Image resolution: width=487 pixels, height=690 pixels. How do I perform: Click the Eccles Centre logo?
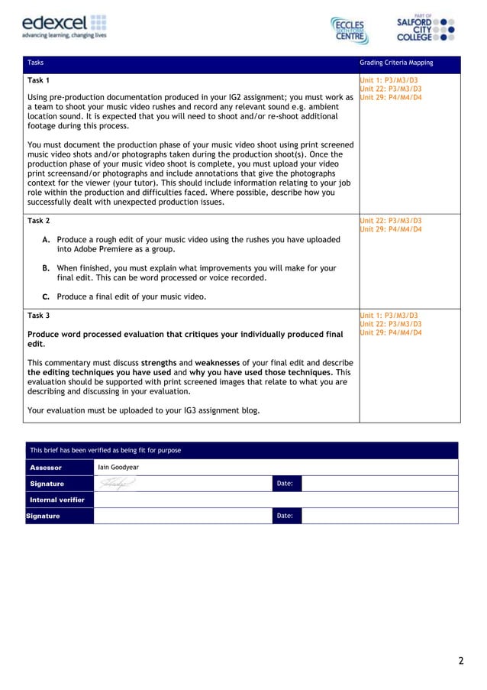pos(350,30)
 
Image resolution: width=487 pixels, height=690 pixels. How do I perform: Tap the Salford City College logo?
pos(425,28)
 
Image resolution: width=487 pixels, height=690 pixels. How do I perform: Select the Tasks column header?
pos(35,63)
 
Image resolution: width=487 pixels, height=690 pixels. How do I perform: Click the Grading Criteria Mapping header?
pos(395,63)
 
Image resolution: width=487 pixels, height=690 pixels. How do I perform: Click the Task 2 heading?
pos(39,221)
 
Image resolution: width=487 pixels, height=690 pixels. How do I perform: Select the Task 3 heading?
pos(39,315)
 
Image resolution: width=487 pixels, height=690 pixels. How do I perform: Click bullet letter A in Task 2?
pos(47,240)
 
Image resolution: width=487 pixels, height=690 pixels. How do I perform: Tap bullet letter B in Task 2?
pos(47,268)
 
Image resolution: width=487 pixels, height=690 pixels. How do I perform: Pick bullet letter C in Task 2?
pos(47,296)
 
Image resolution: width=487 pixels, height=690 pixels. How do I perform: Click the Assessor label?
pos(45,467)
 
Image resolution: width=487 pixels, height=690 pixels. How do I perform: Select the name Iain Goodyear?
pos(118,467)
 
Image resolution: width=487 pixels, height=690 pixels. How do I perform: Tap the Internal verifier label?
pos(56,500)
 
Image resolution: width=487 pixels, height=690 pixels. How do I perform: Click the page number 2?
pos(460,661)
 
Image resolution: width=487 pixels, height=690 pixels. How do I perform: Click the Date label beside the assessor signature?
pos(285,484)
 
